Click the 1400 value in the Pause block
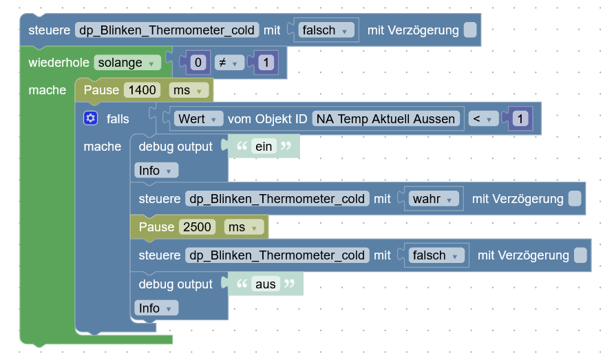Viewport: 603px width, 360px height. click(142, 90)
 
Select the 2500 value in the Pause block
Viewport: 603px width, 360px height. click(198, 226)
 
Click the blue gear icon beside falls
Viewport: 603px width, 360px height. click(91, 118)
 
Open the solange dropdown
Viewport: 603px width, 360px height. click(127, 63)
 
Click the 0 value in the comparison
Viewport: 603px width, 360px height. click(198, 63)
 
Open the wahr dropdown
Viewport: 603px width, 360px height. click(434, 199)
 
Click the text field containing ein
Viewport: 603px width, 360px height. click(264, 147)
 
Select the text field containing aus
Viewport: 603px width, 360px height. click(265, 284)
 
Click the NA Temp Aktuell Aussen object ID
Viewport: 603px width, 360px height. click(385, 118)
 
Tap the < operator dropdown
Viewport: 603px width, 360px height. click(483, 118)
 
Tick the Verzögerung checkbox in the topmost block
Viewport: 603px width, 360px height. click(469, 30)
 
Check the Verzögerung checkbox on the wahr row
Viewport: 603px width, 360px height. click(574, 199)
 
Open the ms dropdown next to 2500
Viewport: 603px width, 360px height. click(244, 226)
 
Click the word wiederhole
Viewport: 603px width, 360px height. click(59, 63)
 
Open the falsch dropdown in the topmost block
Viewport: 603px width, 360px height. click(328, 30)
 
